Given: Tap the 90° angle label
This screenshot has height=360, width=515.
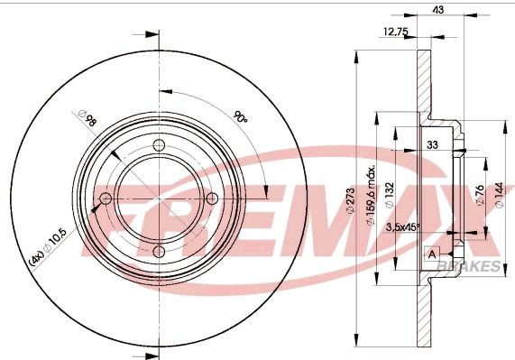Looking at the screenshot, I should tap(240, 117).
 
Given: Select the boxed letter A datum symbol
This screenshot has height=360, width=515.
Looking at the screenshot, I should tap(433, 254).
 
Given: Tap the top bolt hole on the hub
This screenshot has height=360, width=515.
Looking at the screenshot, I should tap(160, 147).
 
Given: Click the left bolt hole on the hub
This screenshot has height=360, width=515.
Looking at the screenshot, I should tap(106, 199).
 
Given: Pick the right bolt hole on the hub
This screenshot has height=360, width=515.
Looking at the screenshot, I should tap(212, 199).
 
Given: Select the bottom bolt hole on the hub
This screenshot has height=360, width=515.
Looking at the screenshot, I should tap(160, 252).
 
